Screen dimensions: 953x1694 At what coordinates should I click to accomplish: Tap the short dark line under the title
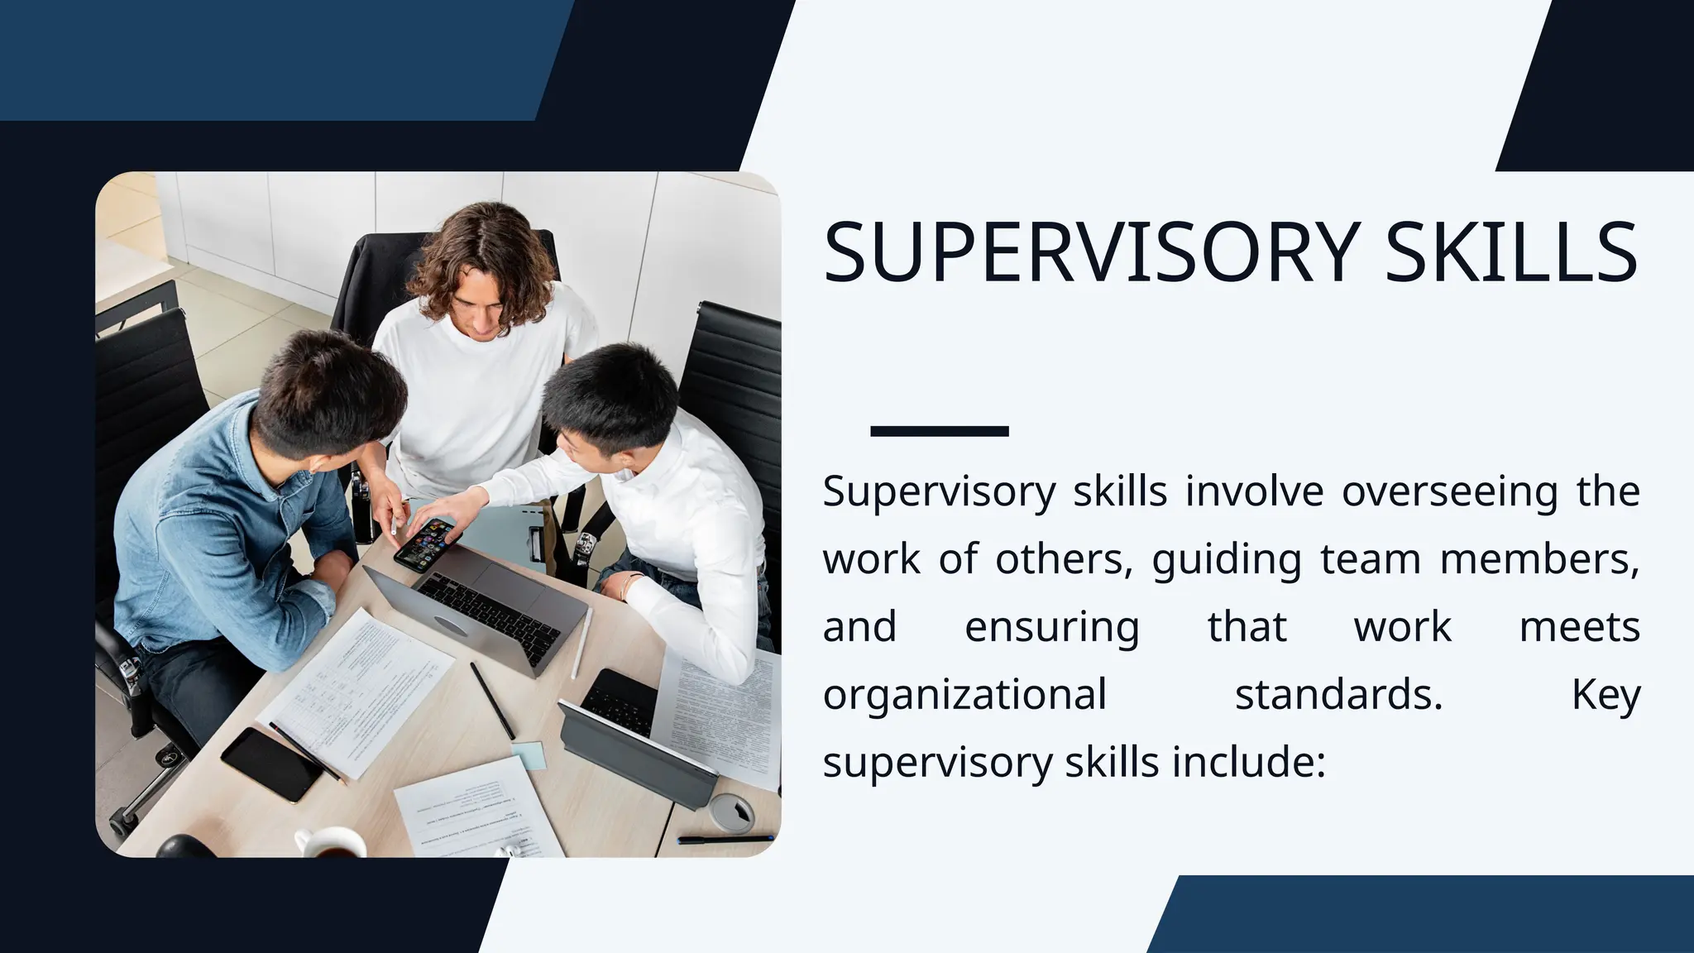click(939, 431)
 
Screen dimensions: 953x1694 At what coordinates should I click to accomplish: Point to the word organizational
click(964, 695)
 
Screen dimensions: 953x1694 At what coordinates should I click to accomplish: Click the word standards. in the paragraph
click(1338, 695)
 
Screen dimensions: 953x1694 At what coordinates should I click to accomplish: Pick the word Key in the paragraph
click(1605, 695)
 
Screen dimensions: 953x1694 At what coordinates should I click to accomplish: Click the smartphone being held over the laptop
click(424, 544)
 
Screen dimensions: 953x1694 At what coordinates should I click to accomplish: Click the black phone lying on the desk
click(270, 764)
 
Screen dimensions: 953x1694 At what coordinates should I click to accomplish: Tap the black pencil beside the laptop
click(492, 700)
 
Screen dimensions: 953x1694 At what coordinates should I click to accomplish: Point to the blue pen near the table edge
click(725, 840)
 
